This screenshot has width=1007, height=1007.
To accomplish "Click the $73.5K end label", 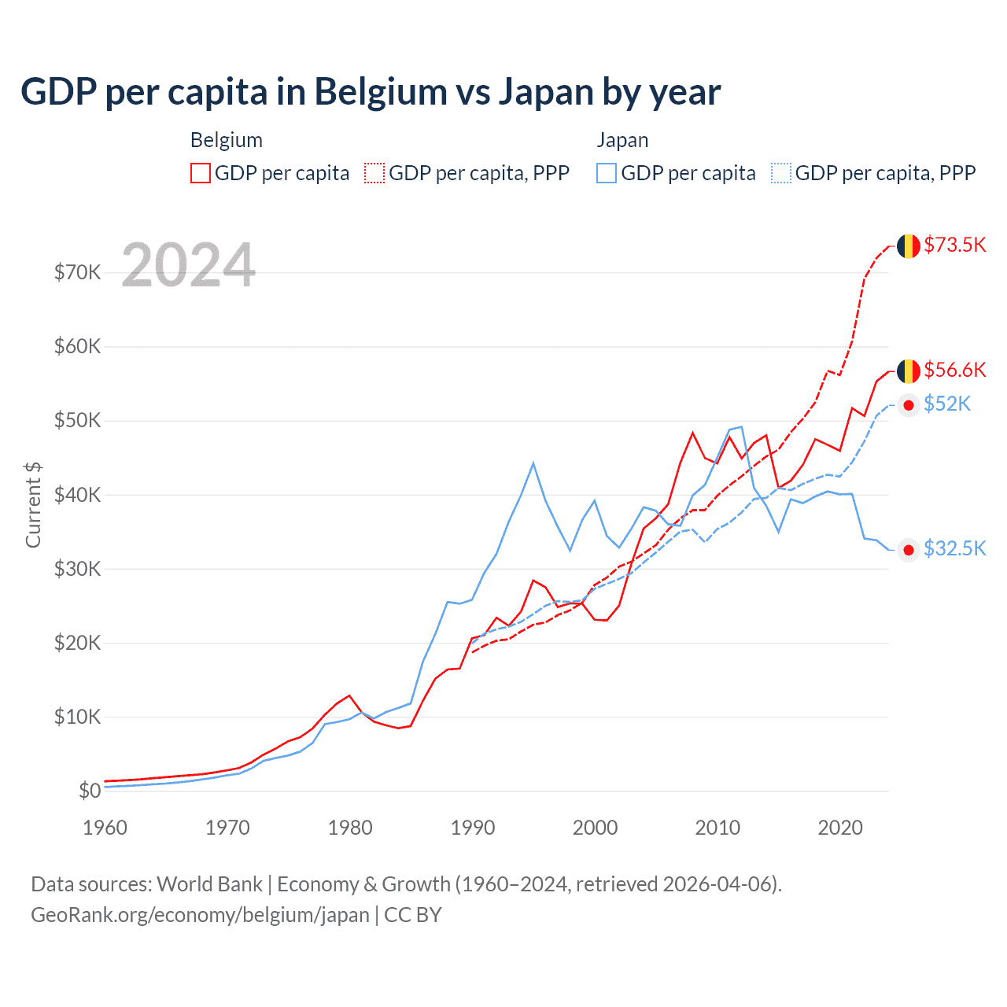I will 954,245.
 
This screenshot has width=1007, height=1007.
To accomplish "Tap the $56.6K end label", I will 954,370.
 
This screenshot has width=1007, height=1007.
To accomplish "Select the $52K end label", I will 947,404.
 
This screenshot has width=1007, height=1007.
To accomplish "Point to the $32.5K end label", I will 954,548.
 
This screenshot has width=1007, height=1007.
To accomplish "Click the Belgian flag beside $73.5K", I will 909,245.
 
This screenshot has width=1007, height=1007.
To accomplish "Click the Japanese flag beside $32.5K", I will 909,550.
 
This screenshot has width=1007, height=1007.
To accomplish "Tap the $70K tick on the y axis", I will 77,273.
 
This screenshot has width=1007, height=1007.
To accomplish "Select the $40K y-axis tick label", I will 77,495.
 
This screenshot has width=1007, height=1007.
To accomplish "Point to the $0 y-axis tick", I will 90,791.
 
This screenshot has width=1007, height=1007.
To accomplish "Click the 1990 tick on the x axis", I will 473,828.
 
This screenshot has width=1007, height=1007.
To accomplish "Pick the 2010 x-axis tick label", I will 717,828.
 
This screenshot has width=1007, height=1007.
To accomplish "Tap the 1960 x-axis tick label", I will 105,828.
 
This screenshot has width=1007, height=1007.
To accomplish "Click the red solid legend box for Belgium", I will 201,173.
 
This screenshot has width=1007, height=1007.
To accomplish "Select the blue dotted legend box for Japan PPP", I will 781,173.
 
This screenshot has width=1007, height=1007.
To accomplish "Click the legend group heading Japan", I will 622,140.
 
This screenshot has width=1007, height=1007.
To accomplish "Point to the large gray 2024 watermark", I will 189,265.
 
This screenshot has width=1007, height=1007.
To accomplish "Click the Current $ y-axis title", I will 33,504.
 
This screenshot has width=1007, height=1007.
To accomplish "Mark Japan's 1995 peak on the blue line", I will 533,463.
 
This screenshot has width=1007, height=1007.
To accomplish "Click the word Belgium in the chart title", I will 381,91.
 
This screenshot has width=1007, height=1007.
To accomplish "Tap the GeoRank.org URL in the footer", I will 200,915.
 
